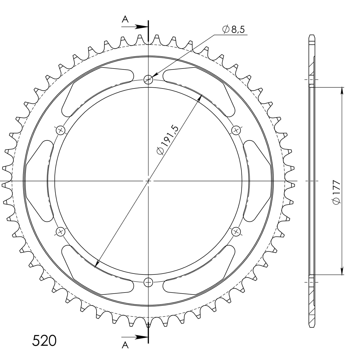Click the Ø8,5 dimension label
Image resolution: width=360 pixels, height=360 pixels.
[234, 29]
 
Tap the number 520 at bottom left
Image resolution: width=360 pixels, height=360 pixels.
[44, 341]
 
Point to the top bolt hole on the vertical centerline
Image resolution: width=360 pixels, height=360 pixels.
[148, 79]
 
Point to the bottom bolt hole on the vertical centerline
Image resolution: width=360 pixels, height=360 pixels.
[148, 282]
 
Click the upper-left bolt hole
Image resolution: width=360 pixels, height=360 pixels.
[61, 131]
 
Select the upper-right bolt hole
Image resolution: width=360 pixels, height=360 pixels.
[236, 131]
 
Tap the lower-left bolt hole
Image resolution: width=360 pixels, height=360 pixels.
[60, 231]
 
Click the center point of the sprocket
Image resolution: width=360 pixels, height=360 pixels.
[148, 181]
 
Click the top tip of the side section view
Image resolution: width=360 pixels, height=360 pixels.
[312, 35]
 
